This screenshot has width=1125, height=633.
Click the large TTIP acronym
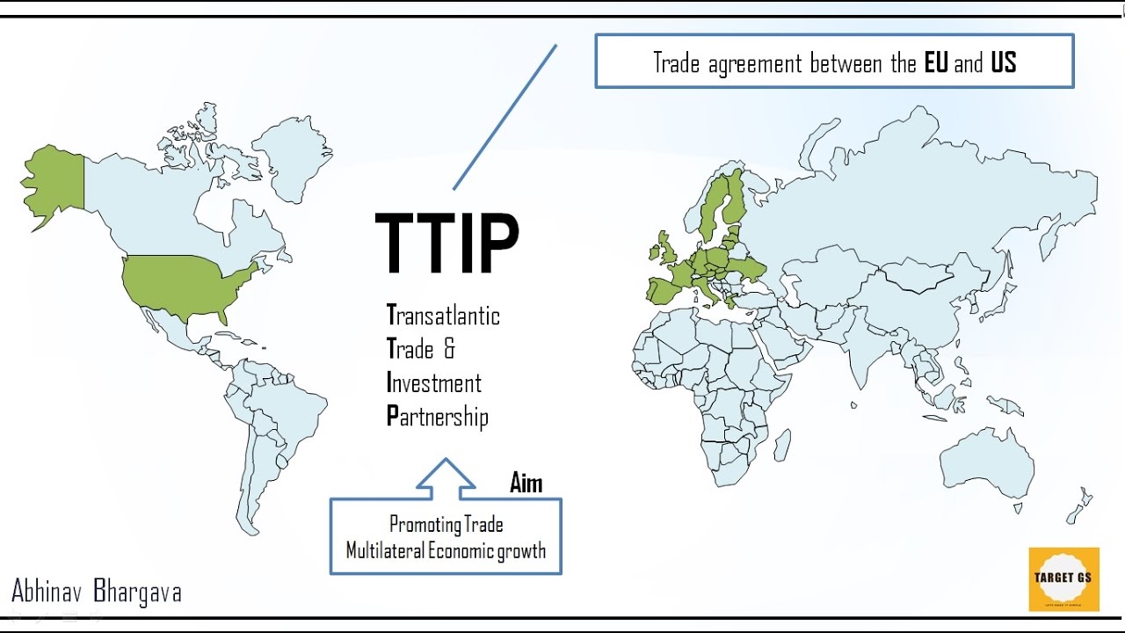tap(446, 244)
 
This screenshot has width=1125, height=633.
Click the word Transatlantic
tap(443, 315)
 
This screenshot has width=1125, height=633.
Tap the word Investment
tap(434, 383)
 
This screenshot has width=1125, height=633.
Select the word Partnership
tap(437, 416)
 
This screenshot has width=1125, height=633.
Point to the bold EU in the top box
tap(936, 62)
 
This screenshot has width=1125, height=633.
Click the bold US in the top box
tap(1003, 62)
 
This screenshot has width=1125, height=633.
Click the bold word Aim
tap(526, 483)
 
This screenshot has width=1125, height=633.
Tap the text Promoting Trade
tap(446, 525)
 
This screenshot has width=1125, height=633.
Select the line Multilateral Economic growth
tap(446, 551)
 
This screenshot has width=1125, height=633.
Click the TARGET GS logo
tap(1063, 578)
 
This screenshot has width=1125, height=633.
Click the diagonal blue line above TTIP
tap(504, 117)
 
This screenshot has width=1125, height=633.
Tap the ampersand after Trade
tap(449, 349)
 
